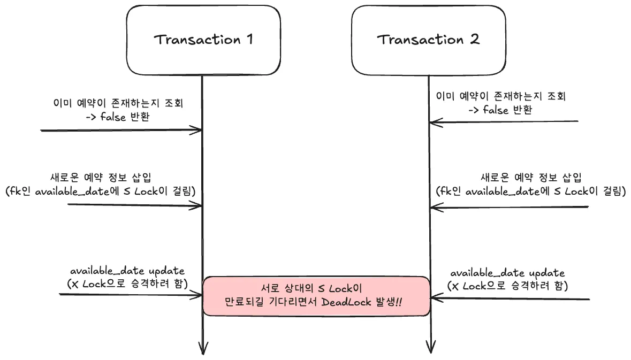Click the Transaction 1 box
coord(203,40)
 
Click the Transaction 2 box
coord(429,40)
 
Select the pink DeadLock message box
coord(316,295)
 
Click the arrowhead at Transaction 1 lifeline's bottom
coord(203,349)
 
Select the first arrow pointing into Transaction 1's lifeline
coord(120,130)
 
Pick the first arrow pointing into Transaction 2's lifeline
coord(503,122)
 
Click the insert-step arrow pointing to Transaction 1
coord(134,205)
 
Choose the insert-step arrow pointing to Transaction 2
coord(508,207)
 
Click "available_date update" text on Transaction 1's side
coord(127,271)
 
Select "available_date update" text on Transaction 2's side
coord(507,273)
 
